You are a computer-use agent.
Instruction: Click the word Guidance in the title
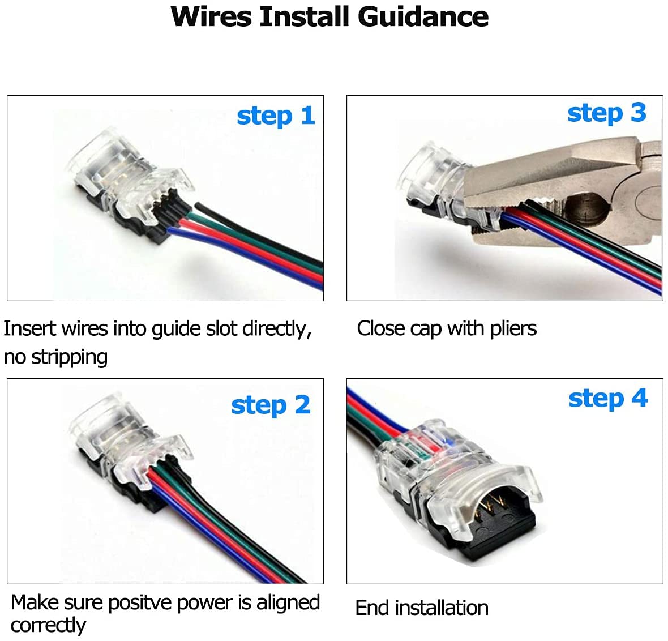click(x=423, y=17)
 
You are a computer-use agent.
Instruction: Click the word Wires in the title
click(x=211, y=16)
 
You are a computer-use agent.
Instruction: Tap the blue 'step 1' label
click(x=275, y=116)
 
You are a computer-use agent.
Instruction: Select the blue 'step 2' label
click(x=271, y=405)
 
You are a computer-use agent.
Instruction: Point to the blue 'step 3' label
click(x=606, y=113)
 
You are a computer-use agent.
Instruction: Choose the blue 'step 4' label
click(x=607, y=399)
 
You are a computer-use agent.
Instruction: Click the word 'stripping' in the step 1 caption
click(x=69, y=357)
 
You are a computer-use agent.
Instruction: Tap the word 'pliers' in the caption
click(x=513, y=328)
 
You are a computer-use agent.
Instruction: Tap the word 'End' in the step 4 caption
click(x=372, y=608)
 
